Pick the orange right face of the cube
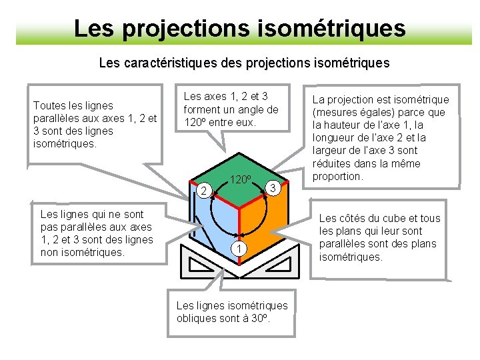click(x=267, y=220)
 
